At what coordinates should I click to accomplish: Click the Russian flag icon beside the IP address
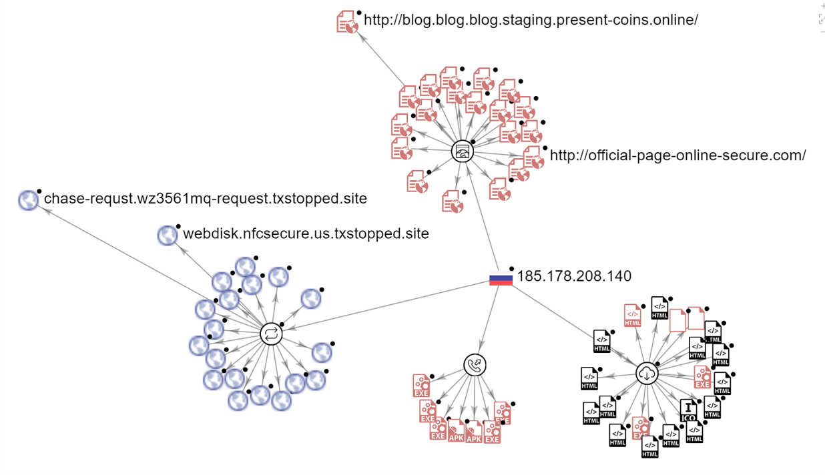click(501, 279)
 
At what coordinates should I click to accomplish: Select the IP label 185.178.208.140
click(574, 276)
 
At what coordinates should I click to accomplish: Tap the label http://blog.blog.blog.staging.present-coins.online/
click(531, 20)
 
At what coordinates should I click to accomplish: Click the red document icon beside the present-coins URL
click(347, 22)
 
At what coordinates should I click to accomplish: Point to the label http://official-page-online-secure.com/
click(677, 156)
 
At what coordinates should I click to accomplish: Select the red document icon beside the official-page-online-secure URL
click(533, 157)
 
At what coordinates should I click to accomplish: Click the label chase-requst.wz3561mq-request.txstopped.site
click(205, 199)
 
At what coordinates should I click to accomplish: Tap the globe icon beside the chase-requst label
click(29, 200)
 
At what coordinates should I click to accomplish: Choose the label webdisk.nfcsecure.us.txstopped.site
click(306, 234)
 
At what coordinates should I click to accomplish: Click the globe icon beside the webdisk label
click(168, 235)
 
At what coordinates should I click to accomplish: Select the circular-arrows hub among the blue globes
click(271, 334)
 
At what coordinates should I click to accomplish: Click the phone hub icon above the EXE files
click(475, 365)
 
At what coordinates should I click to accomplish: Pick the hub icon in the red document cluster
click(462, 151)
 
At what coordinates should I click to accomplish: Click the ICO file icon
click(688, 410)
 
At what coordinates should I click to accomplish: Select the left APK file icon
click(456, 432)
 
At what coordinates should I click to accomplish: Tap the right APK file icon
click(474, 432)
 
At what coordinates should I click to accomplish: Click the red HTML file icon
click(632, 315)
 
